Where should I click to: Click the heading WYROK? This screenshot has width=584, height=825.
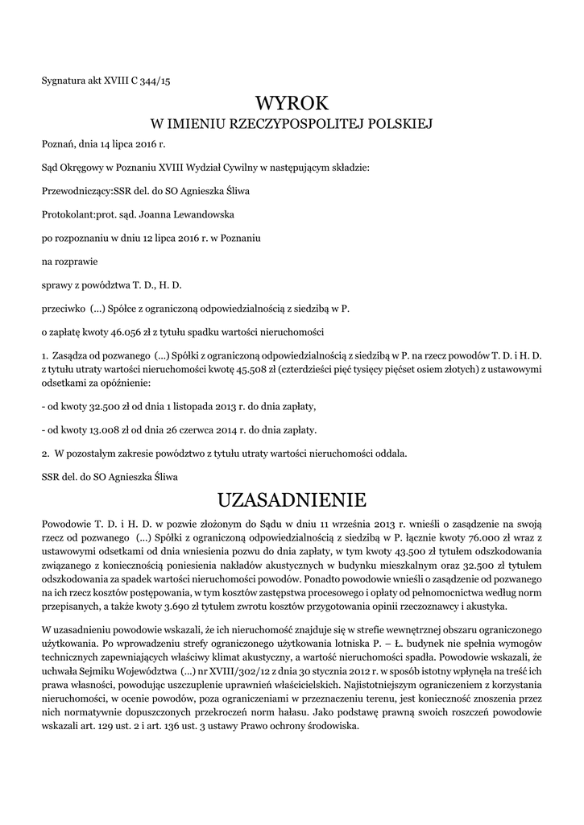tap(292, 103)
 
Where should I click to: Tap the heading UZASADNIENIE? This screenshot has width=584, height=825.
tap(292, 500)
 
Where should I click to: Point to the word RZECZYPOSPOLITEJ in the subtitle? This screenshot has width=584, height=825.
tap(299, 124)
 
